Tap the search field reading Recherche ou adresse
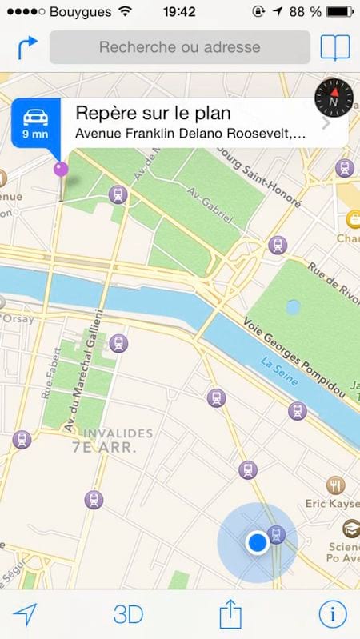(179, 47)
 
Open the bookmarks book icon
(335, 47)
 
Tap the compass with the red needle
(334, 98)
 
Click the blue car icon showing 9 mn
(35, 123)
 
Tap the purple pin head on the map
(61, 169)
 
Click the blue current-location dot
(257, 543)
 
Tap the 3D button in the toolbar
(128, 614)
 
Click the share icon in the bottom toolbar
(230, 614)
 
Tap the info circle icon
(333, 613)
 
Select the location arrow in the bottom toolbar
(26, 614)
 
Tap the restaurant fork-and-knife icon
(336, 485)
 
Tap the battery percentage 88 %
(304, 12)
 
